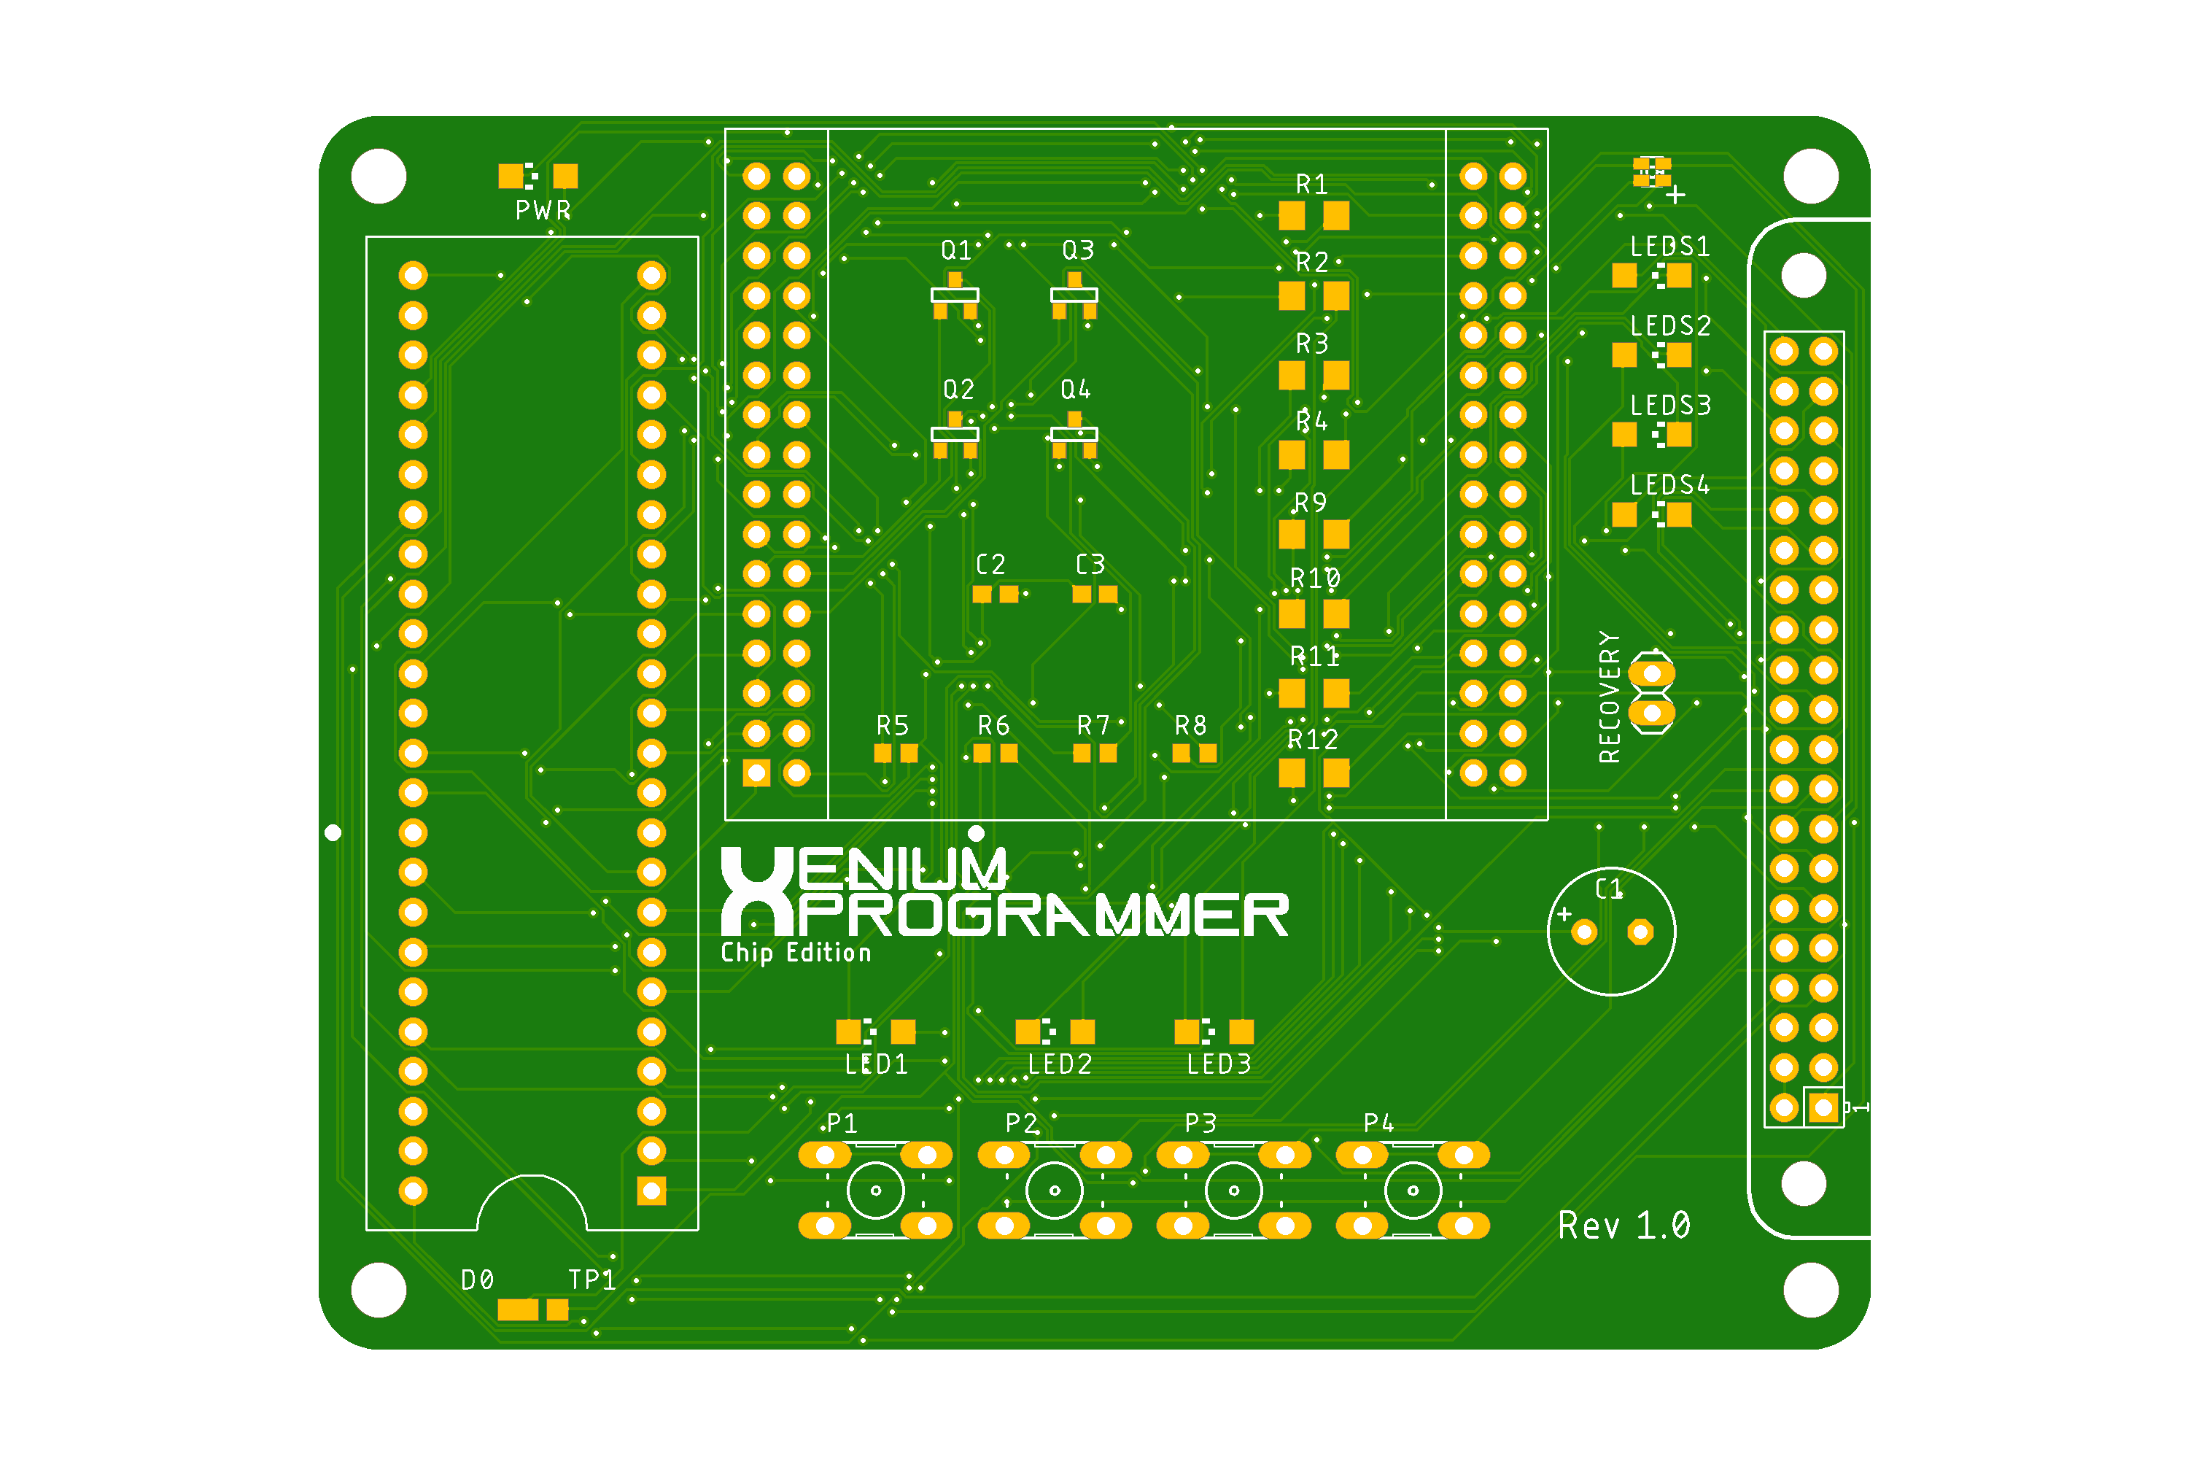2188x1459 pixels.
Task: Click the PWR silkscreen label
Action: [543, 210]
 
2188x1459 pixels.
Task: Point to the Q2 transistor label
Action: [958, 389]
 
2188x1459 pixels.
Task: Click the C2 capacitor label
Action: [990, 565]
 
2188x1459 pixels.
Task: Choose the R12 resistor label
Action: [1313, 740]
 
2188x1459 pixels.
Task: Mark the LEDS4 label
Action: [1670, 485]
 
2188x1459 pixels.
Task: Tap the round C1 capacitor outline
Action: [1611, 932]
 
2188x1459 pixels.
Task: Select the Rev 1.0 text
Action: [1623, 1226]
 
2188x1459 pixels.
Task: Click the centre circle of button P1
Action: [875, 1190]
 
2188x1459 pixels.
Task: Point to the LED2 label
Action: [1060, 1064]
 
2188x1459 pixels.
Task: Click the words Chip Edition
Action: [796, 953]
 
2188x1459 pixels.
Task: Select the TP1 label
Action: [591, 1280]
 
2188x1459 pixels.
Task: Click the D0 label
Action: [477, 1280]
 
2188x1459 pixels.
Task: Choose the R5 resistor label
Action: [892, 726]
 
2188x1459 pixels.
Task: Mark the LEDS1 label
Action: [1670, 247]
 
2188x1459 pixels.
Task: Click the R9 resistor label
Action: [1311, 503]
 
